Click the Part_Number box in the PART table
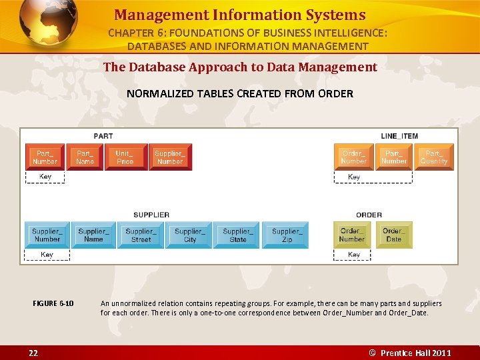(45, 157)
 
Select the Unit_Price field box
(125, 157)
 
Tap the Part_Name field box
(85, 157)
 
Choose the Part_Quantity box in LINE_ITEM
(434, 157)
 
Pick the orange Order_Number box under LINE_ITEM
(353, 157)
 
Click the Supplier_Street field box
(141, 235)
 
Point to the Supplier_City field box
(190, 235)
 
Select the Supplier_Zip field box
(287, 235)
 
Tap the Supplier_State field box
(237, 235)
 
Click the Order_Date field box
(393, 235)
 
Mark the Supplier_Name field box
(93, 235)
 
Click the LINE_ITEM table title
(399, 136)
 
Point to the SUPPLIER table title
(151, 215)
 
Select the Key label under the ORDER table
(354, 255)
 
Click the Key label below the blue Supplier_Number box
(47, 255)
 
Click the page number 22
(33, 353)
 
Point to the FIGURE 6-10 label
(53, 304)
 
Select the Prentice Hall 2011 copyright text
(411, 353)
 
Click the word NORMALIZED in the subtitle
(155, 94)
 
